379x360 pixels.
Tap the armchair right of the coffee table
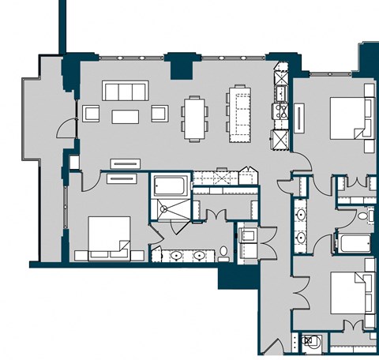(160, 115)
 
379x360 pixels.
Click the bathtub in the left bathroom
(169, 186)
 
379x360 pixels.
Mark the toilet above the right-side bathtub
(363, 216)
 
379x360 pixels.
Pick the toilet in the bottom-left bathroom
(223, 253)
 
